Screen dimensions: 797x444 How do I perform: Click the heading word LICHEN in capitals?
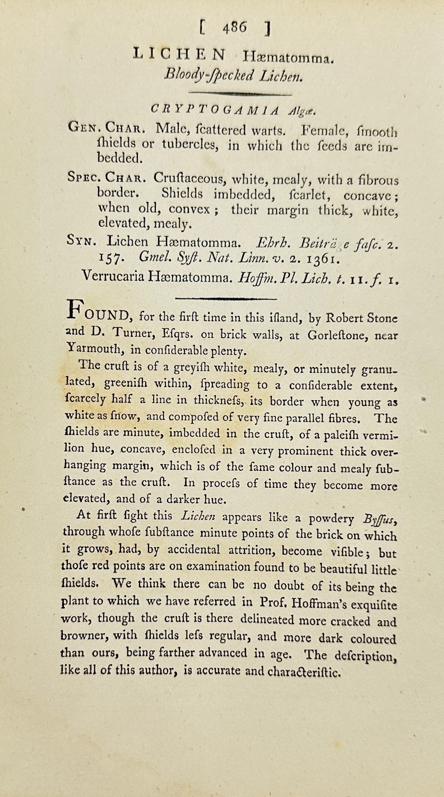point(179,54)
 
